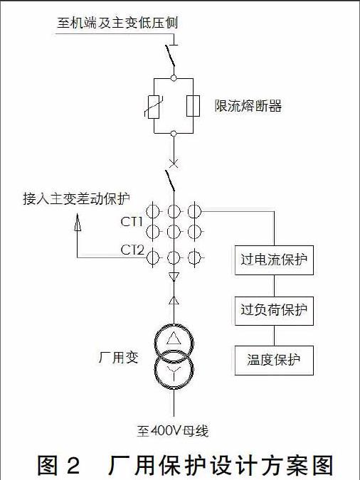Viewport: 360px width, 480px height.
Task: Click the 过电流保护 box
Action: pyautogui.click(x=274, y=260)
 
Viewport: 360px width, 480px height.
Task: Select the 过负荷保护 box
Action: pyautogui.click(x=274, y=311)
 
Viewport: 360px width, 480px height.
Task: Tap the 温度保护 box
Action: pyautogui.click(x=274, y=361)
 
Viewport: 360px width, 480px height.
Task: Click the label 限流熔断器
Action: pyautogui.click(x=248, y=106)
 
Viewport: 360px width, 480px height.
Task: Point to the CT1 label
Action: pyautogui.click(x=132, y=222)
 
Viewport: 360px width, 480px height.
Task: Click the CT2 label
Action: pyautogui.click(x=132, y=250)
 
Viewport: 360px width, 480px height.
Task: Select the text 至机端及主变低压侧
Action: pyautogui.click(x=117, y=23)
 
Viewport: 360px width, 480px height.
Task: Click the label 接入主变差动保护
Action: pyautogui.click(x=76, y=198)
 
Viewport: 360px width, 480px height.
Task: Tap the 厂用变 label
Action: pyautogui.click(x=118, y=357)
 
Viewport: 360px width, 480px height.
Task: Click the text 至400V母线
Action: pyautogui.click(x=173, y=431)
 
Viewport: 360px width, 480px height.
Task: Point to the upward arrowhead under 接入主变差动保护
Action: pyautogui.click(x=78, y=222)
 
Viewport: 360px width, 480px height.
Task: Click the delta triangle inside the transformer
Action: pyautogui.click(x=174, y=338)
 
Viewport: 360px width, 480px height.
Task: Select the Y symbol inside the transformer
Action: pyautogui.click(x=174, y=372)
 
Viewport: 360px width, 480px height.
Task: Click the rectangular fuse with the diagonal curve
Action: pyautogui.click(x=154, y=107)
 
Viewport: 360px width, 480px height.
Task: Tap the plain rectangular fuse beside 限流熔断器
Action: pyautogui.click(x=193, y=106)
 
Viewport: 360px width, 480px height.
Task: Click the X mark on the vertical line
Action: pyautogui.click(x=174, y=164)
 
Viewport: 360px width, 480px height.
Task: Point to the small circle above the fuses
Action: pyautogui.click(x=174, y=78)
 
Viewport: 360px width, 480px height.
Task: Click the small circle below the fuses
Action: pyautogui.click(x=174, y=133)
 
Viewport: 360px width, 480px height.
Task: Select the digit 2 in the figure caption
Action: pyautogui.click(x=73, y=465)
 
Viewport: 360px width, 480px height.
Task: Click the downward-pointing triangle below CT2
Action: pyautogui.click(x=174, y=277)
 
